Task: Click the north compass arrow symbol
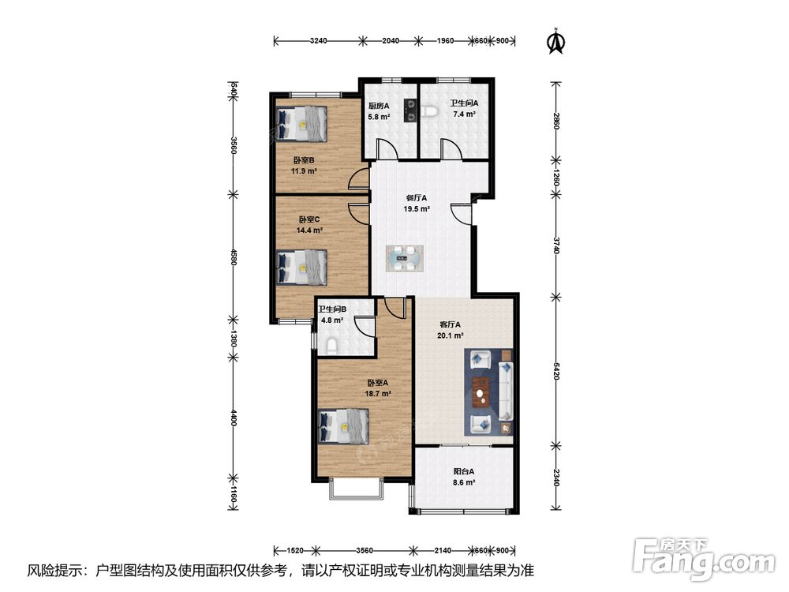click(555, 40)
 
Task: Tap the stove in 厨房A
click(410, 111)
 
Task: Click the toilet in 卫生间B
click(331, 346)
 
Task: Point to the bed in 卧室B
click(301, 123)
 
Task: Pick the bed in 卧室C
click(301, 268)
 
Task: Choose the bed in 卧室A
click(344, 426)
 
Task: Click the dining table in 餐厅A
click(405, 259)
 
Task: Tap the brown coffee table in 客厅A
click(481, 392)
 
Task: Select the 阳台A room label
click(464, 472)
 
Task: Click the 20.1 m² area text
click(451, 335)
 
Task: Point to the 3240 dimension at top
click(319, 41)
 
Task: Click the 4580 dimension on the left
click(234, 257)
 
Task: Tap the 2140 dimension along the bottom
click(443, 550)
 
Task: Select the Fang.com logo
click(704, 558)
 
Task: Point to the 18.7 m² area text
click(378, 393)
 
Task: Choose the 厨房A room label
click(379, 106)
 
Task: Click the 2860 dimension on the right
click(556, 122)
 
